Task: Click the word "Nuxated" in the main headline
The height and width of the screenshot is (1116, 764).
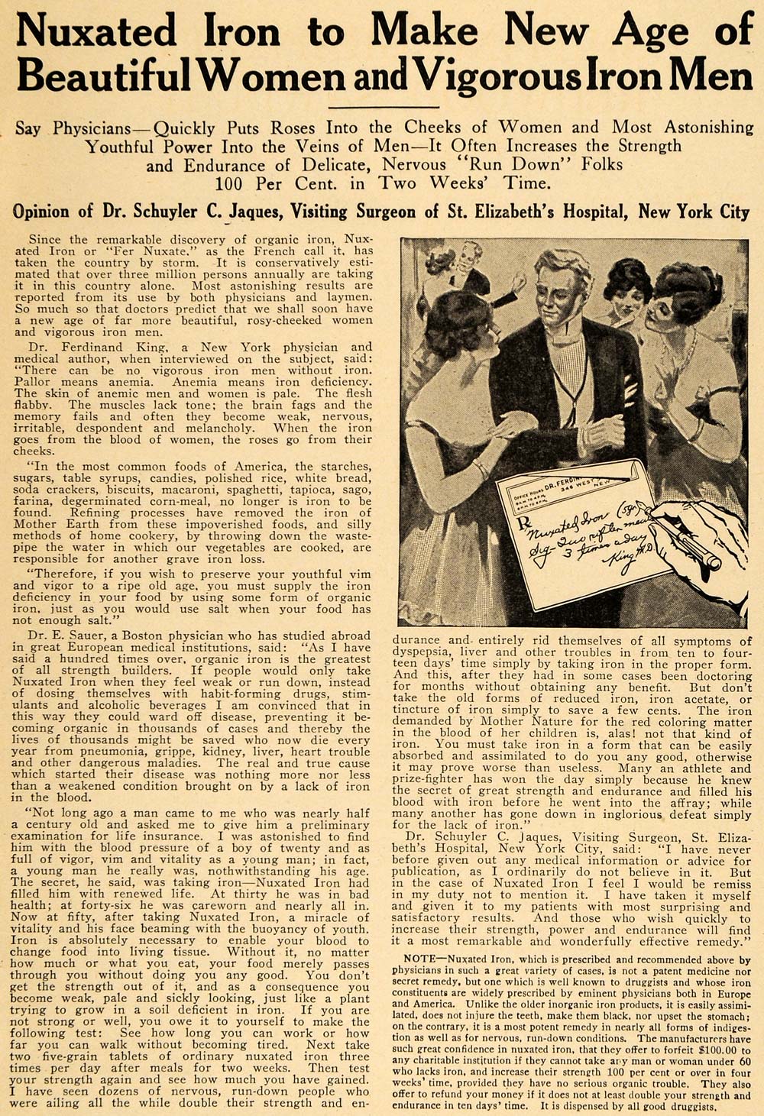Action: (96, 32)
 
